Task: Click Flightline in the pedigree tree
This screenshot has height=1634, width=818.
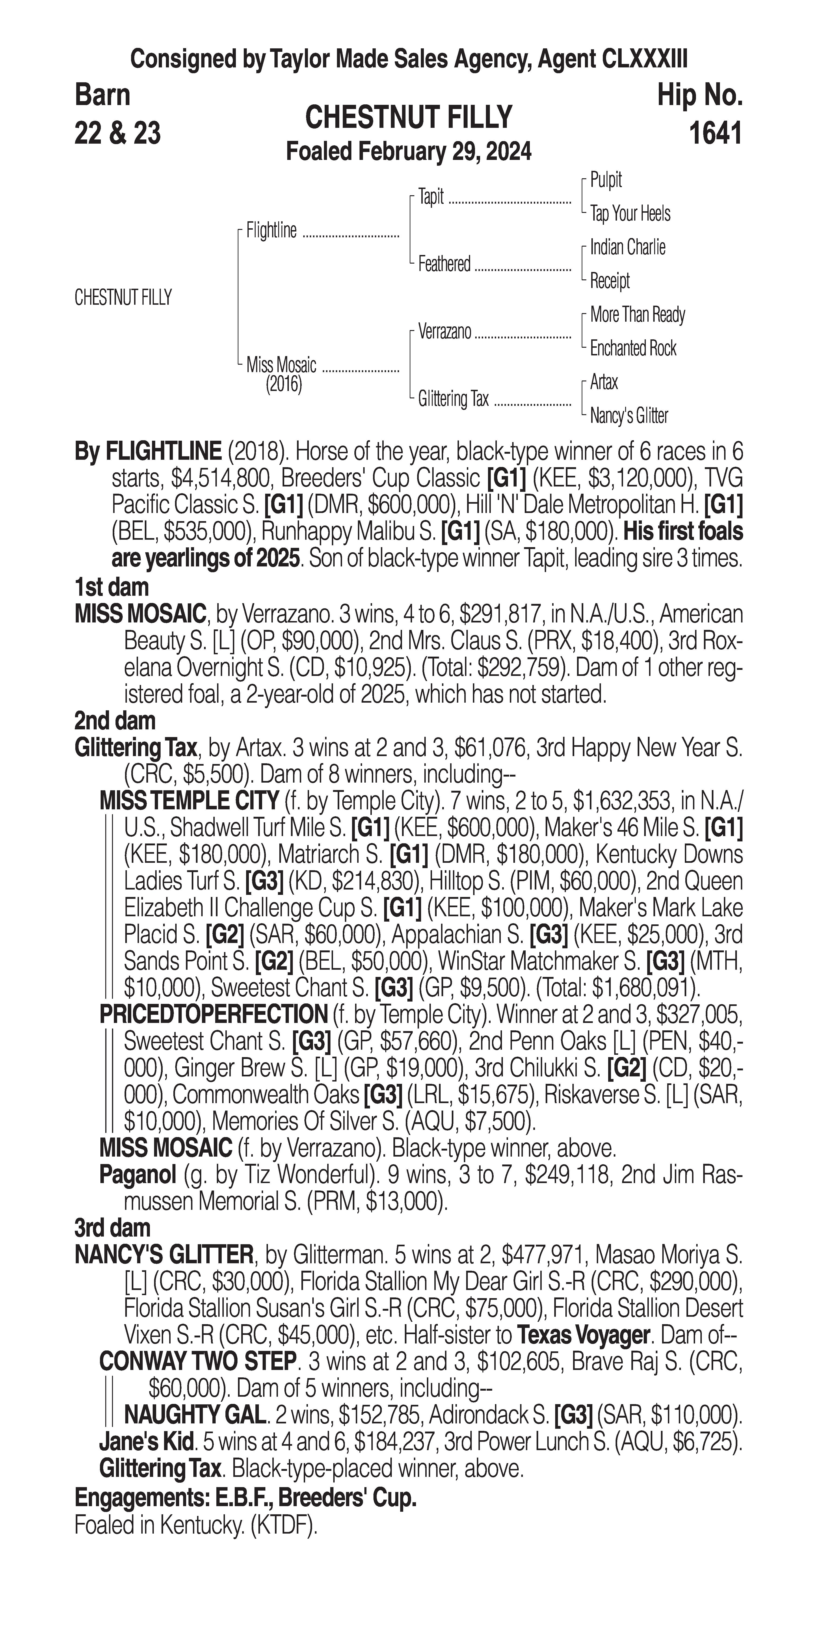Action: pyautogui.click(x=271, y=231)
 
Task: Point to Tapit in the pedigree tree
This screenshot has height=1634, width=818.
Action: pyautogui.click(x=431, y=197)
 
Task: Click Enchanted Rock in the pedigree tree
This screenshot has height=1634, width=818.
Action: pyautogui.click(x=633, y=348)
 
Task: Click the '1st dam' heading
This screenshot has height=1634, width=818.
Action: pyautogui.click(x=112, y=587)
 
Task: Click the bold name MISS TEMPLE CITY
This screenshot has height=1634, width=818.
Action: pyautogui.click(x=189, y=801)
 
